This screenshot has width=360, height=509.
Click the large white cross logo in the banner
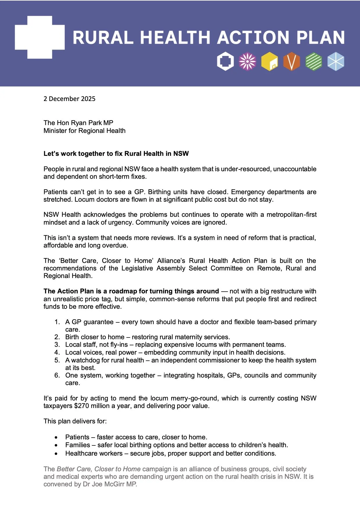[40, 37]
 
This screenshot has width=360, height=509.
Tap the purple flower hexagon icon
[248, 62]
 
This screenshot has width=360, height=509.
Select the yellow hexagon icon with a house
[269, 62]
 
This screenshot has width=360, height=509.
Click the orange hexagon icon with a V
[291, 62]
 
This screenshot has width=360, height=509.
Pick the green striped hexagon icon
[314, 62]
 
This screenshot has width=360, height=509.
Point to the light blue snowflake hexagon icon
[336, 62]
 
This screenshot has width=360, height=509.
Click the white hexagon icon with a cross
[226, 62]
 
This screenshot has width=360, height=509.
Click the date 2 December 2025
[69, 99]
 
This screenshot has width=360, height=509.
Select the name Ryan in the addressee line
[80, 123]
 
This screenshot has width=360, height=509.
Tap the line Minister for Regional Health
[84, 131]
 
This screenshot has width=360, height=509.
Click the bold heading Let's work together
[116, 154]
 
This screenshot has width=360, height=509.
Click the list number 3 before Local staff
[57, 345]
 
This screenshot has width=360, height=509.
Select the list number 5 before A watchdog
[57, 360]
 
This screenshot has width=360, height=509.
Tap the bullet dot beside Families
[56, 445]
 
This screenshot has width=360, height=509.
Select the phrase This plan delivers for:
[75, 421]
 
